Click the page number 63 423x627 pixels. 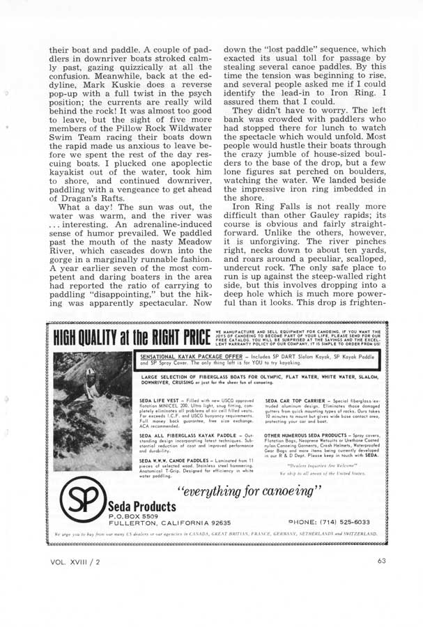point(381,559)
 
